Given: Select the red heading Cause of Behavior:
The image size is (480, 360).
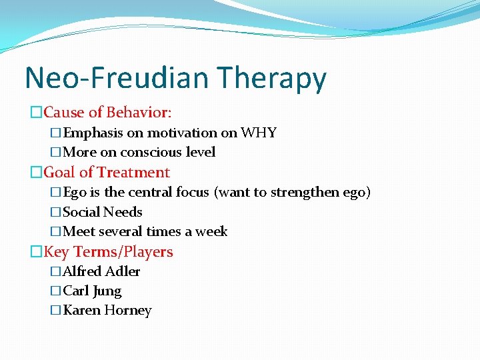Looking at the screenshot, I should [107, 112].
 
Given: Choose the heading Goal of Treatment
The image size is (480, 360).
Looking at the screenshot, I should [107, 172].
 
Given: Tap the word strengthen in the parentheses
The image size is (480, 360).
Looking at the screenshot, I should [306, 193].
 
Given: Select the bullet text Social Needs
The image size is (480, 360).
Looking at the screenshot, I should [102, 212].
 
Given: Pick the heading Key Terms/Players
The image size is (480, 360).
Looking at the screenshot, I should [108, 252].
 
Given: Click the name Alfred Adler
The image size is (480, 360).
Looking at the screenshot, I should [101, 271].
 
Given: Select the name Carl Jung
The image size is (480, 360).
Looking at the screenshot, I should [92, 291].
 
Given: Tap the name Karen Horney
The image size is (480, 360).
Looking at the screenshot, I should [107, 311].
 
